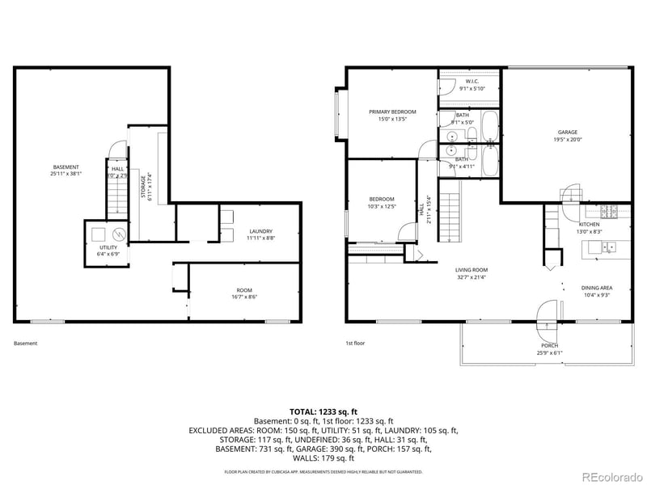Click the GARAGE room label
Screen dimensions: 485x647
[x=566, y=132]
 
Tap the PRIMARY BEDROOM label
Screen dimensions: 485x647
[x=392, y=112]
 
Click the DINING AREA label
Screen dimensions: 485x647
[x=596, y=288]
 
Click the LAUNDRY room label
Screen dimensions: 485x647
[x=260, y=230]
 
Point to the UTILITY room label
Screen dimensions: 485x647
[x=108, y=247]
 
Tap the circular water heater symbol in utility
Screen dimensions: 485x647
[x=118, y=234]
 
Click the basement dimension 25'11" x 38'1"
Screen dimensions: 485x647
[x=66, y=173]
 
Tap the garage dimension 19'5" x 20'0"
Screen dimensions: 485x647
[x=566, y=138]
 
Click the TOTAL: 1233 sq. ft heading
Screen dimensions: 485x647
[x=323, y=411]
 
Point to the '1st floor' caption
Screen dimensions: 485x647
[x=355, y=344]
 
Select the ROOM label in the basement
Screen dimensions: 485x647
[x=243, y=290]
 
